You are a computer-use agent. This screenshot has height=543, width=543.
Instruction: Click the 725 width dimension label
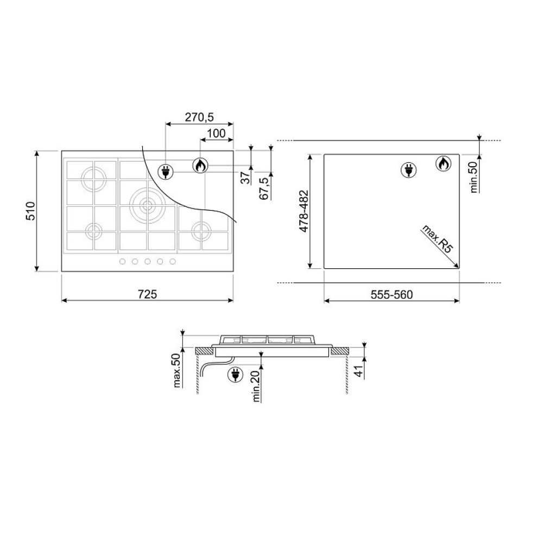tap(147, 294)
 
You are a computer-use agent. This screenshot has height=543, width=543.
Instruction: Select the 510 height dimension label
tap(31, 211)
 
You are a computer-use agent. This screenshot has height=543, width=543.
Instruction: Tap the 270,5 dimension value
tap(199, 117)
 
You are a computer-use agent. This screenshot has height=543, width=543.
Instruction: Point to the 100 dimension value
tap(216, 134)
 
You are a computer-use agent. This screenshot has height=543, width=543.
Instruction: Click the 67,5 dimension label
tap(264, 188)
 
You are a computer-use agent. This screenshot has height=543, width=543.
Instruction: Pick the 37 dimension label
tap(245, 178)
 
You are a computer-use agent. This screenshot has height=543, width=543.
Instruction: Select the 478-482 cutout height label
tap(304, 211)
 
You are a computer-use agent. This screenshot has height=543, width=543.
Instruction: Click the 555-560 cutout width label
tap(392, 295)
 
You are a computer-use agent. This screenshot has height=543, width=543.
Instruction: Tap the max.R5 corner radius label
tap(437, 239)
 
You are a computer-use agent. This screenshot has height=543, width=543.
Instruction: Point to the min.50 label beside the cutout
tap(473, 177)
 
